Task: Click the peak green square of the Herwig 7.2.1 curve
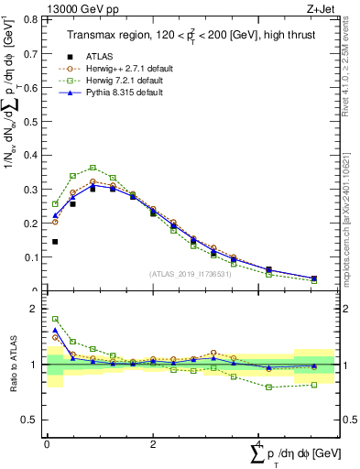(93, 168)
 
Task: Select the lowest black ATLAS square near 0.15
(55, 242)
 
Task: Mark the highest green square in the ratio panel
(55, 319)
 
